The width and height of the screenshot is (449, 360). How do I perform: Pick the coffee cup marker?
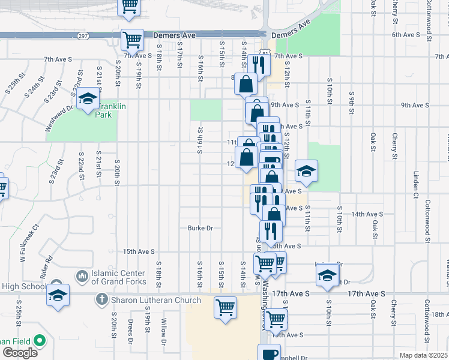coord(269,353)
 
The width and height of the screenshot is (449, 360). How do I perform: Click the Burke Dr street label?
coord(200,228)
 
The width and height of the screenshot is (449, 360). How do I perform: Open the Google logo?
coord(20,353)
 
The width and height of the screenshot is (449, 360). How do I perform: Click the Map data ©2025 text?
coord(424,355)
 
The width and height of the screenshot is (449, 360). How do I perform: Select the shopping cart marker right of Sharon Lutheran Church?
coord(225,308)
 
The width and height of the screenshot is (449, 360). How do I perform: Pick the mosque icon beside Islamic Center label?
coord(82,276)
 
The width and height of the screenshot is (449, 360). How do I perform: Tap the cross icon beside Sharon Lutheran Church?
coord(101,298)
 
